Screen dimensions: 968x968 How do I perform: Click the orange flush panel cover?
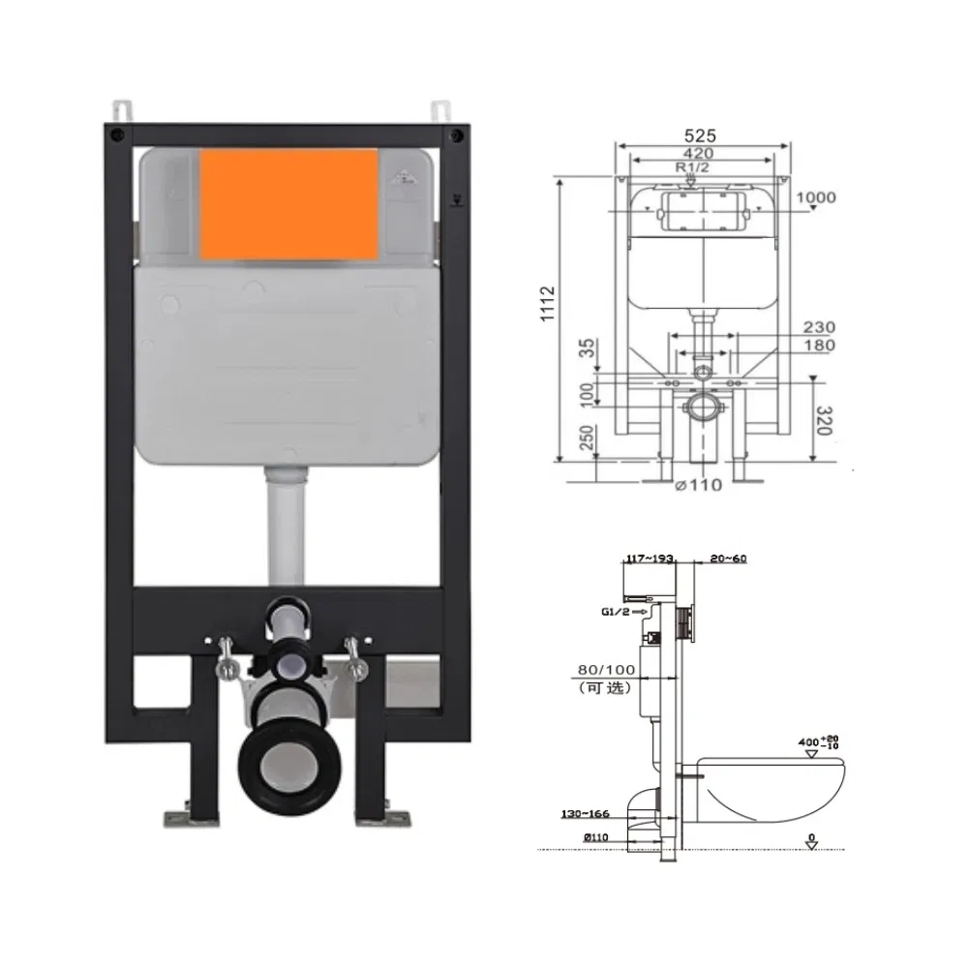pyautogui.click(x=288, y=204)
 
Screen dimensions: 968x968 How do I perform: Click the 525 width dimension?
pyautogui.click(x=703, y=136)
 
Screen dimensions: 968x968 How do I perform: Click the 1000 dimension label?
pyautogui.click(x=815, y=197)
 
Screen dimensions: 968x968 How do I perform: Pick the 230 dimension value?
pyautogui.click(x=819, y=328)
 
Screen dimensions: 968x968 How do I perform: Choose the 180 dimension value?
pyautogui.click(x=819, y=346)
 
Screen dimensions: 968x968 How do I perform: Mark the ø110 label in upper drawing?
pyautogui.click(x=698, y=484)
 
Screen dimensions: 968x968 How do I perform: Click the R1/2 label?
pyautogui.click(x=690, y=167)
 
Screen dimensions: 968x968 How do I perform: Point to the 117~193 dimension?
pyautogui.click(x=650, y=558)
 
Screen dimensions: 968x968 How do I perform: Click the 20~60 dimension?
pyautogui.click(x=727, y=558)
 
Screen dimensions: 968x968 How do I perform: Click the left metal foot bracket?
pyautogui.click(x=183, y=818)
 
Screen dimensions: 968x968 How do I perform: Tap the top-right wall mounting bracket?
pyautogui.click(x=441, y=109)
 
